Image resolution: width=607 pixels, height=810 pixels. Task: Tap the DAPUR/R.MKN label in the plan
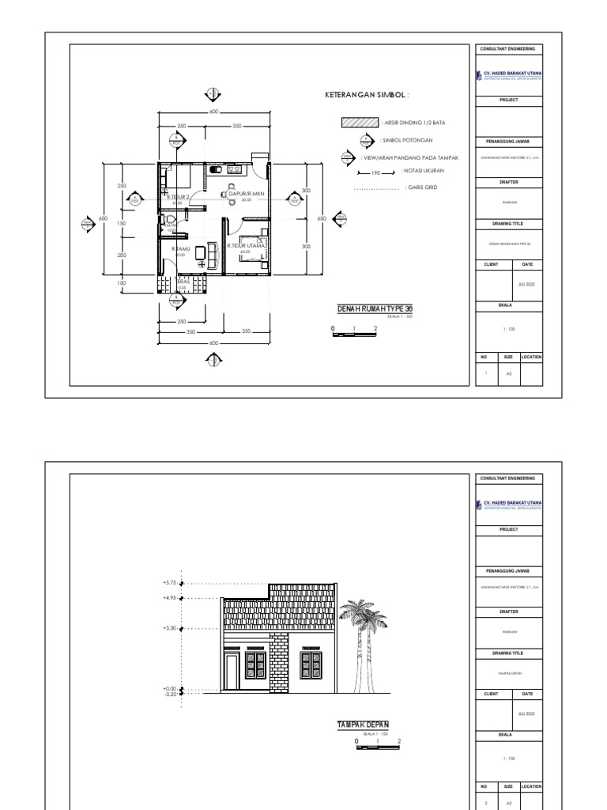245,194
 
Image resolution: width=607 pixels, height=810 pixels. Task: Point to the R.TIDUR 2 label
178,198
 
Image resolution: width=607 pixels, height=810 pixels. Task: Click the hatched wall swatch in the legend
359,123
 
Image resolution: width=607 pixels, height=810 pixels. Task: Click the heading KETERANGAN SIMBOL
368,94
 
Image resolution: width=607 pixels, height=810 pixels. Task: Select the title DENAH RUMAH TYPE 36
375,309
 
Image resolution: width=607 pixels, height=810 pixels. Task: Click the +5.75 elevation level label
170,582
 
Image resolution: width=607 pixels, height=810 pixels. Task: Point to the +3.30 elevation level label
170,628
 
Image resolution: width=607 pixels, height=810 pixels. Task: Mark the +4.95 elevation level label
170,598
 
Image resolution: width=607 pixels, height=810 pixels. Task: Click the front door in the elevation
232,672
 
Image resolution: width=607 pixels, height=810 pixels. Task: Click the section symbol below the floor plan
213,361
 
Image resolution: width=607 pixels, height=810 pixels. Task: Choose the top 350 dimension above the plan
237,126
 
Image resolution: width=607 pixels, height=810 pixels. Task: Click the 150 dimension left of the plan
122,224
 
